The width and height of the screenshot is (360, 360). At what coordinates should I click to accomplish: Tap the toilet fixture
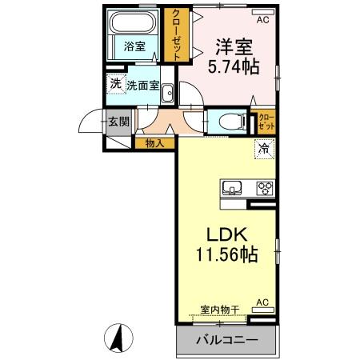click(x=229, y=122)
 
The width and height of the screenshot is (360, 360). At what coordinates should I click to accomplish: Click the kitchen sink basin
click(x=233, y=189)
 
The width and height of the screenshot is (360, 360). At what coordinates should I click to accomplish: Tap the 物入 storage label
click(x=155, y=144)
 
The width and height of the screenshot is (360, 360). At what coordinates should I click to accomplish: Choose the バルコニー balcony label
click(x=226, y=340)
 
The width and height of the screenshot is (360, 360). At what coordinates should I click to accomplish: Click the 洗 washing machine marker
click(x=115, y=84)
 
